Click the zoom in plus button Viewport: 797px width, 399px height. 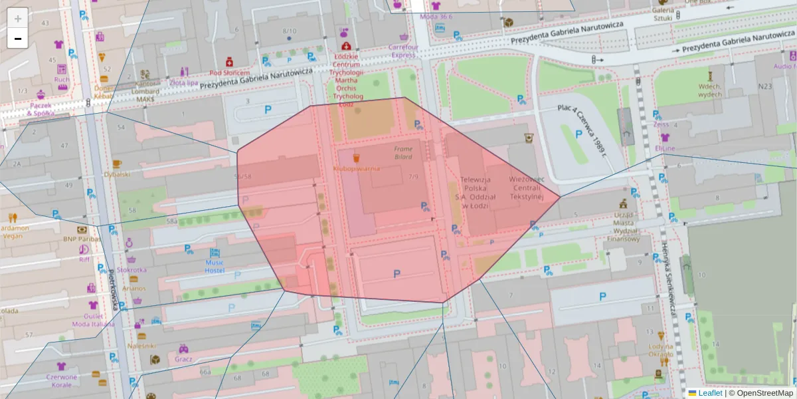click(18, 18)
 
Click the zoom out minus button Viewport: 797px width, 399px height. click(18, 39)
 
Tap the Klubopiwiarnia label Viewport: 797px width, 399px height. click(356, 169)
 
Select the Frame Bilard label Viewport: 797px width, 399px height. click(402, 153)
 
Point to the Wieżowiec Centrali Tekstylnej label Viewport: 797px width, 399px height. click(527, 188)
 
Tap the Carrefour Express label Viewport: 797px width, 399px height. click(402, 51)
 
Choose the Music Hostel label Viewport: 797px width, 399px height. click(215, 266)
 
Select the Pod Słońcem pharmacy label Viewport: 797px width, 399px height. click(229, 73)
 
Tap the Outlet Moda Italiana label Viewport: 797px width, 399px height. click(93, 320)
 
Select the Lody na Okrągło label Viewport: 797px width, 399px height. click(661, 350)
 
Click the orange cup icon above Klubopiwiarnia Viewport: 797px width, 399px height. click(356, 158)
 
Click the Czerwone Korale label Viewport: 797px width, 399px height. click(61, 381)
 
